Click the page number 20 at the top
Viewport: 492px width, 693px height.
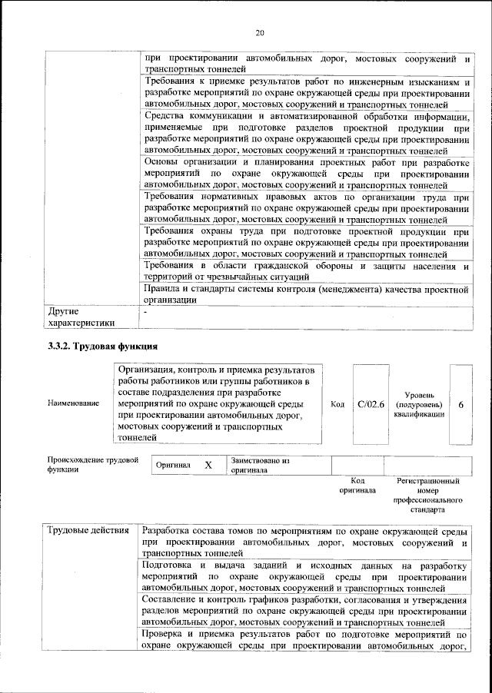pos(260,32)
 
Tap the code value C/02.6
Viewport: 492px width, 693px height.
pos(371,403)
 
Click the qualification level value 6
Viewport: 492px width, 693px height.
pos(460,403)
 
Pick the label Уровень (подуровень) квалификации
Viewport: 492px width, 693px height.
pos(419,403)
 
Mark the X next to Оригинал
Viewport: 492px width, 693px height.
pos(208,465)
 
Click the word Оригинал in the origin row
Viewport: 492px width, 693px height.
pos(173,466)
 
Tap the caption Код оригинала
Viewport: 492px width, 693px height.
pos(357,485)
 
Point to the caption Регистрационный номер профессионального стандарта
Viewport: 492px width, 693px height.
pos(427,495)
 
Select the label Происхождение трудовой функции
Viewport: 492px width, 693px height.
pos(92,465)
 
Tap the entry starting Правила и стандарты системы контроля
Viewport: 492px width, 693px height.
pos(306,295)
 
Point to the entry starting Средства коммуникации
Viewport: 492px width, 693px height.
pos(306,134)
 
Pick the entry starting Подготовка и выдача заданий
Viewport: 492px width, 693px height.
pos(306,575)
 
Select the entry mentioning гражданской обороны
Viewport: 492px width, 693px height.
pos(306,270)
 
